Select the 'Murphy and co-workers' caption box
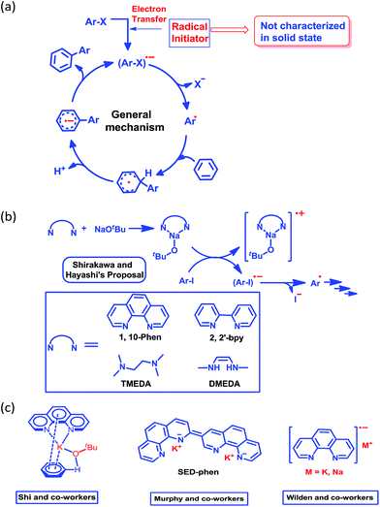pyautogui.click(x=195, y=497)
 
